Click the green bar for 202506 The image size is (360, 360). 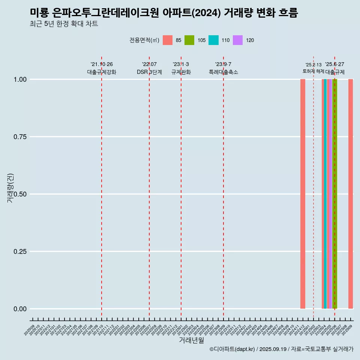point(335,194)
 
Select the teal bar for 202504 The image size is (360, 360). point(325,194)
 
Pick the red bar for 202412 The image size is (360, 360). point(303,194)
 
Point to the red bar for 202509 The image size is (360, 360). point(351,194)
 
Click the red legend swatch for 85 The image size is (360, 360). point(168,40)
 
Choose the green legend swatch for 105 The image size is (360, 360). point(189,40)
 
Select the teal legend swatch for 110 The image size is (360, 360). point(213,40)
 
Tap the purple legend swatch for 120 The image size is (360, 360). point(238,40)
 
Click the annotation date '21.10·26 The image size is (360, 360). point(102,64)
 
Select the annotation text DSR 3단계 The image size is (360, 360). point(149,72)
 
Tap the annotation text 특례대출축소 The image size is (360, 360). point(223,72)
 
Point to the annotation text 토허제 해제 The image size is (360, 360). point(313,71)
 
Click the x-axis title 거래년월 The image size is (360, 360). point(192,340)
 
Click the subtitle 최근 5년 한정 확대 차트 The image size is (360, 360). point(64,24)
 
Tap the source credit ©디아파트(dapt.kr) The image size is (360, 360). point(232,349)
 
